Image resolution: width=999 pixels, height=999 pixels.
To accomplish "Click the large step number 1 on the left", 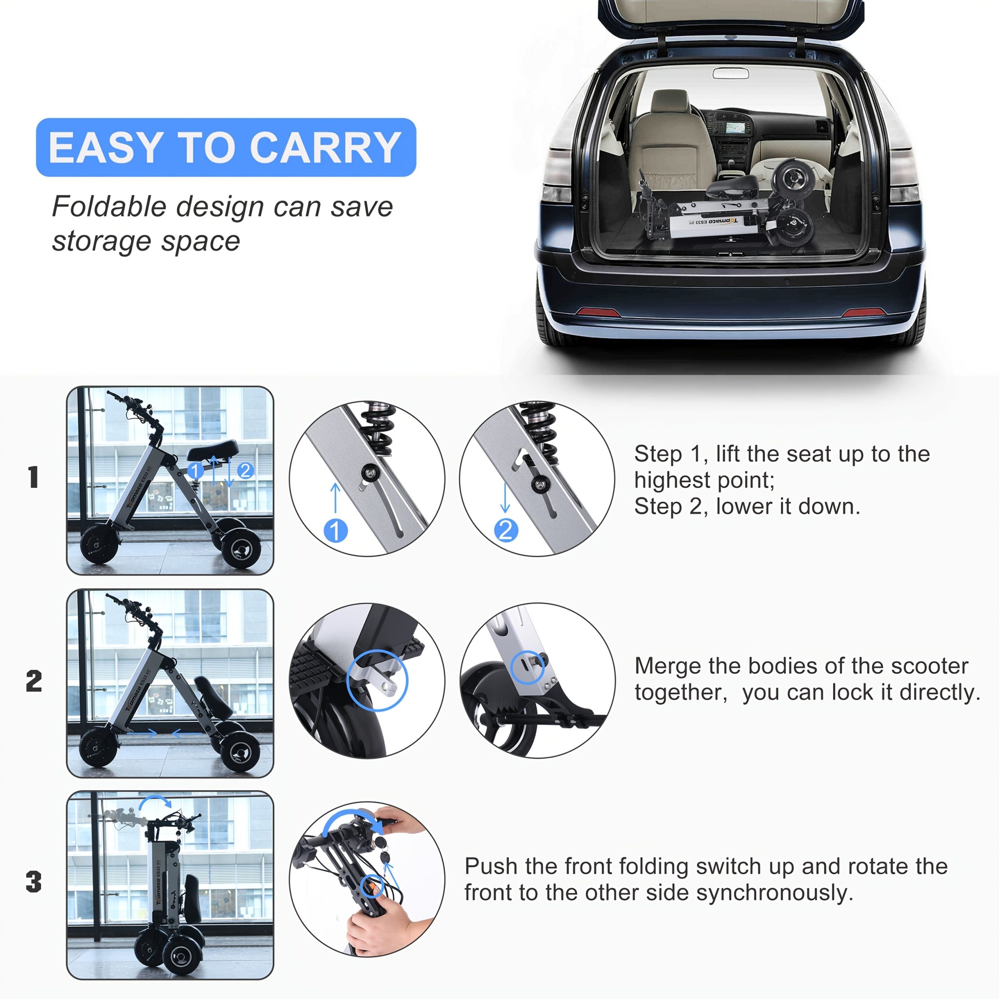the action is [34, 477].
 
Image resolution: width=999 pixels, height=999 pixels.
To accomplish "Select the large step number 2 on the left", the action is [34, 681].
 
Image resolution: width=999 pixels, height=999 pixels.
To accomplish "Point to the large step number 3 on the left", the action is [34, 882].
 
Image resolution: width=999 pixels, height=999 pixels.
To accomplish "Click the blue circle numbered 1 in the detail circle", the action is [336, 531].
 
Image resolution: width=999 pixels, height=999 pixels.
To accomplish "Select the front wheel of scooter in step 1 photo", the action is [98, 543].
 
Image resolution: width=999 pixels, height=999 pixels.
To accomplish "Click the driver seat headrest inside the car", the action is [670, 101].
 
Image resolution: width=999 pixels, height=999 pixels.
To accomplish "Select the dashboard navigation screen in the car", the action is [735, 127].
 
